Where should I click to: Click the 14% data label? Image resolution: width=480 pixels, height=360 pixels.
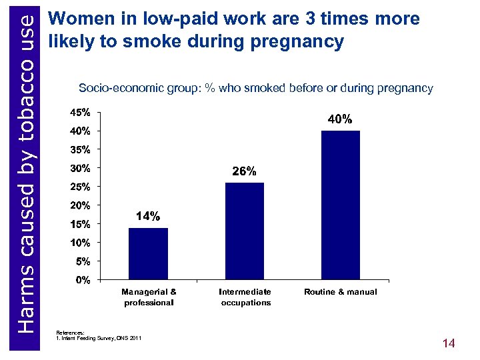tap(147, 217)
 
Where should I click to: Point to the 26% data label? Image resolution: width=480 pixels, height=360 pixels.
tap(244, 171)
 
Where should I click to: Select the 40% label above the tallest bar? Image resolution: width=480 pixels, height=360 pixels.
tap(340, 119)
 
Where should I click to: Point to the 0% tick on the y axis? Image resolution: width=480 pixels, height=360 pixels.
tap(83, 280)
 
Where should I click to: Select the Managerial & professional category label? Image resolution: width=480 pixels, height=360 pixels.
tap(149, 297)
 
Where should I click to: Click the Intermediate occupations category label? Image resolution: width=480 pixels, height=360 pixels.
tap(245, 297)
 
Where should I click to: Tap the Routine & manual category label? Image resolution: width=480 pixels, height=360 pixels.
tap(341, 292)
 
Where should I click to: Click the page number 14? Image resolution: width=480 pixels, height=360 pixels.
tap(449, 343)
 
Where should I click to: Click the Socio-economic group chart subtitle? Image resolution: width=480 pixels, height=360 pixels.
tap(255, 88)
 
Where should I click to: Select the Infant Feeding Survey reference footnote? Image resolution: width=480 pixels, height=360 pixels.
tap(100, 339)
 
